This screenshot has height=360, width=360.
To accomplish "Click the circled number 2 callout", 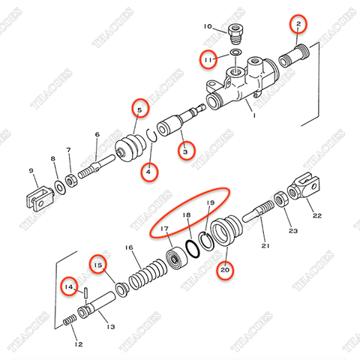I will pyautogui.click(x=298, y=25).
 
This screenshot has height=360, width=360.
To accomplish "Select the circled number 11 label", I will pyautogui.click(x=208, y=56).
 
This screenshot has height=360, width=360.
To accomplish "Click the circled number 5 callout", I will pyautogui.click(x=137, y=110).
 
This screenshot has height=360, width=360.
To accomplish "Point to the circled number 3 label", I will pyautogui.click(x=184, y=151).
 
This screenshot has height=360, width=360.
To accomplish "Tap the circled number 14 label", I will pyautogui.click(x=69, y=286).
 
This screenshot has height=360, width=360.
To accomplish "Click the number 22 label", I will pyautogui.click(x=317, y=217).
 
